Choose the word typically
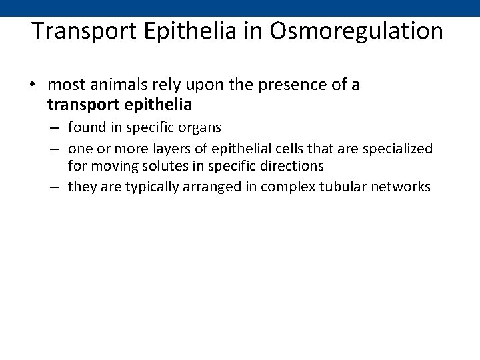(x=139, y=187)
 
